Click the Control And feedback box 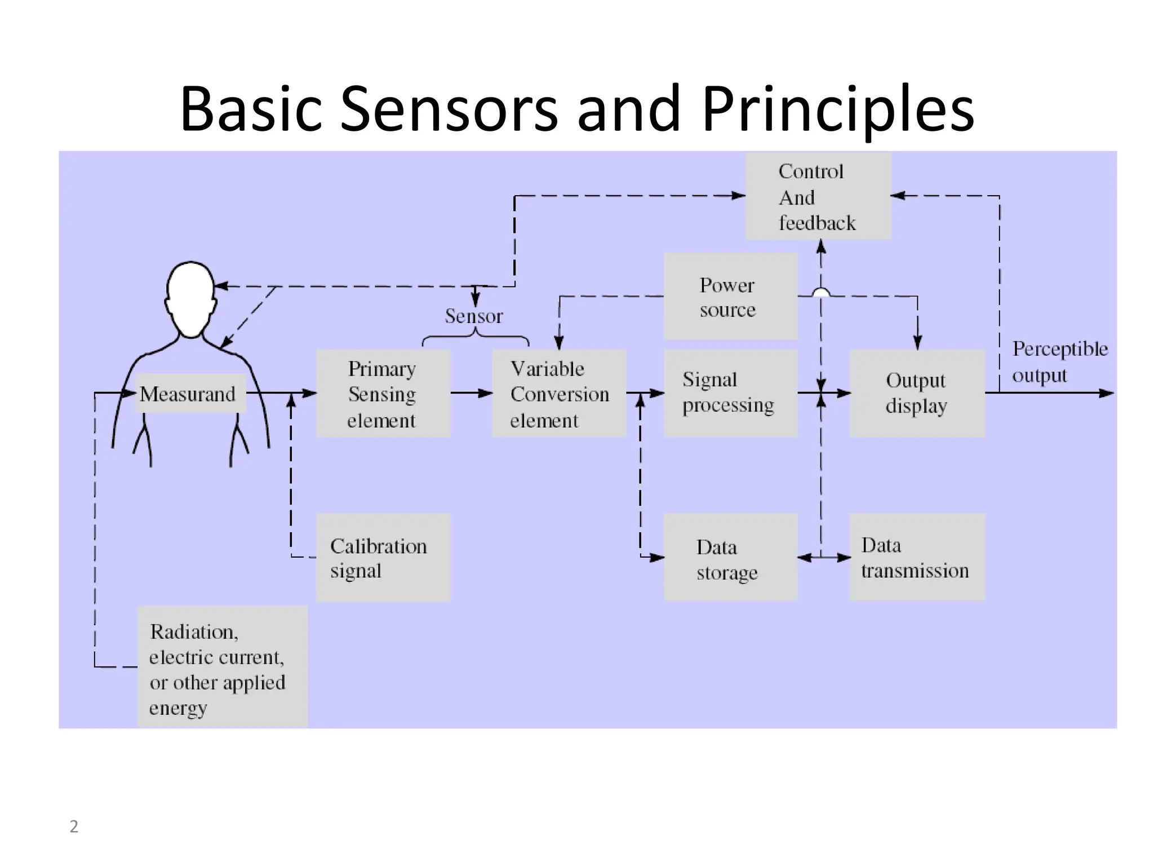coord(818,196)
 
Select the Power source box coord(730,297)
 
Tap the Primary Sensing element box coord(383,394)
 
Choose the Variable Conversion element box coord(559,394)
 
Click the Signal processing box coord(730,394)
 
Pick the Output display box coord(917,394)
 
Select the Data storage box coord(730,558)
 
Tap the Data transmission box coord(917,558)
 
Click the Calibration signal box coord(383,558)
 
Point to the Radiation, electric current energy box coord(223,667)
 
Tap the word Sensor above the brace coord(473,316)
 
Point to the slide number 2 coord(74,827)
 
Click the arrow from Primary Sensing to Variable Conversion coord(472,394)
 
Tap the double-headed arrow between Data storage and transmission coord(823,558)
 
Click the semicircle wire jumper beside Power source coord(821,292)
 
